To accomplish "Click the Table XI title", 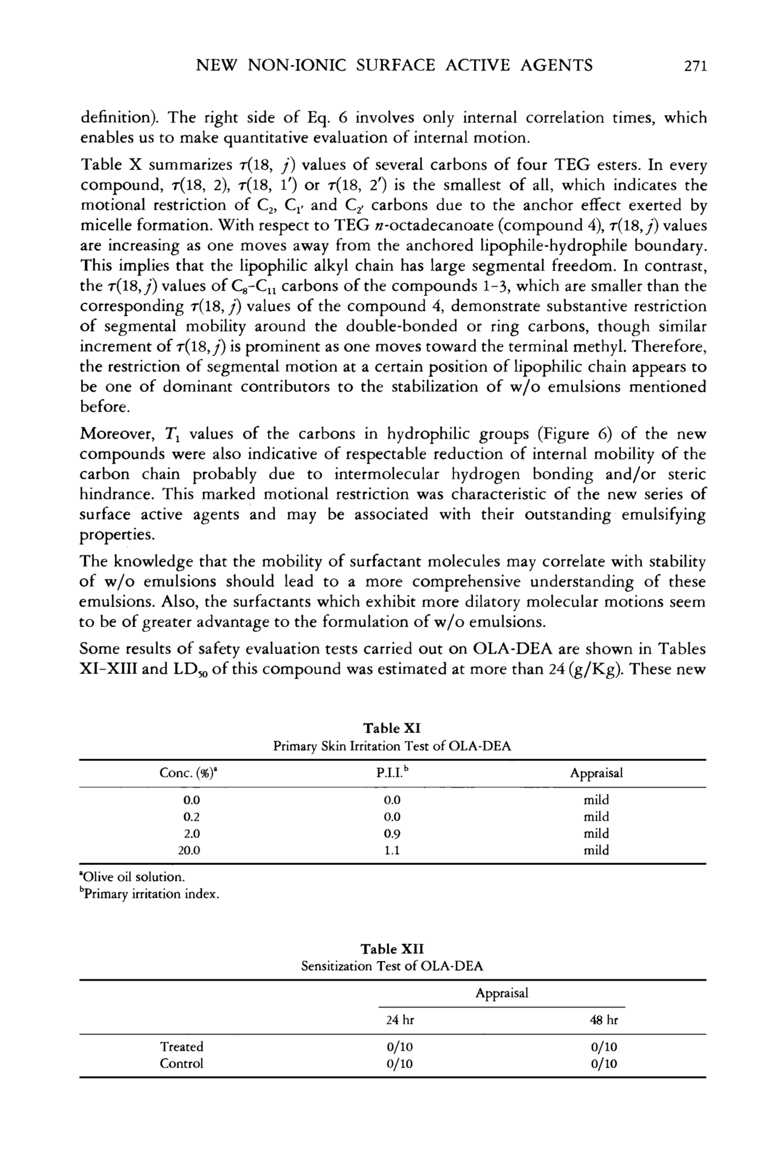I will point(392,728).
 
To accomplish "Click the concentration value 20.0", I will point(189,850).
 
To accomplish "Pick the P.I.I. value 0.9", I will point(392,834).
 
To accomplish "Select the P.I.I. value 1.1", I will point(392,850).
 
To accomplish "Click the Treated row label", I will point(181,1047).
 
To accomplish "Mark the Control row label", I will point(181,1063).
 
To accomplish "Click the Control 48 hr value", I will point(604,1064).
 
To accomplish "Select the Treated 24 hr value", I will point(400,1047).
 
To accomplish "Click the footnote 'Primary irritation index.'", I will point(149,894).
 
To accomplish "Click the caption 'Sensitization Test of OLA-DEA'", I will point(392,967).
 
